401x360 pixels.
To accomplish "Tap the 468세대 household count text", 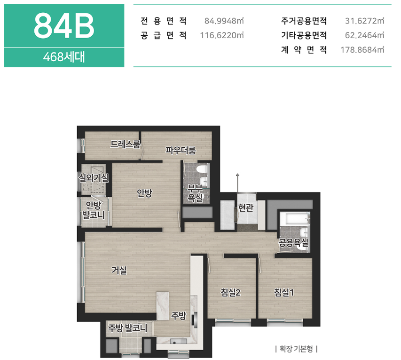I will coord(64,57).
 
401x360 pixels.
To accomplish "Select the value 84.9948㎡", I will coord(224,21).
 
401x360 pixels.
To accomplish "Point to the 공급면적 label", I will coord(164,35).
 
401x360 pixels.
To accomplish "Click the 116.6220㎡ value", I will coord(221,35).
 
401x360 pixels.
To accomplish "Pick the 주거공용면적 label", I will coord(304,21).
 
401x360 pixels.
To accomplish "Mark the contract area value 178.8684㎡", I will coord(362,49).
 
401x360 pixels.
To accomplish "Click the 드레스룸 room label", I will coord(125,144).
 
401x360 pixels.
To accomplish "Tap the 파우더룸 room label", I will coord(181,151).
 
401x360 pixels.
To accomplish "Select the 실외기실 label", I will coord(94,178).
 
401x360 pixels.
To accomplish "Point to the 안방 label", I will coord(144,193).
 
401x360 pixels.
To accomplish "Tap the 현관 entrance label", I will coord(246,208).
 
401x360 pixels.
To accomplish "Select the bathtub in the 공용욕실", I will coord(294,218).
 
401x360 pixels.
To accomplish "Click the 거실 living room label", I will coord(119,270).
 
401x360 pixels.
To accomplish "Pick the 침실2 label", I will coord(231,292).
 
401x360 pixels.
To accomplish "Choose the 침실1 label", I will coord(284,292).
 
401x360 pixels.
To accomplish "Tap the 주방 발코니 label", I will coord(128,328).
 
